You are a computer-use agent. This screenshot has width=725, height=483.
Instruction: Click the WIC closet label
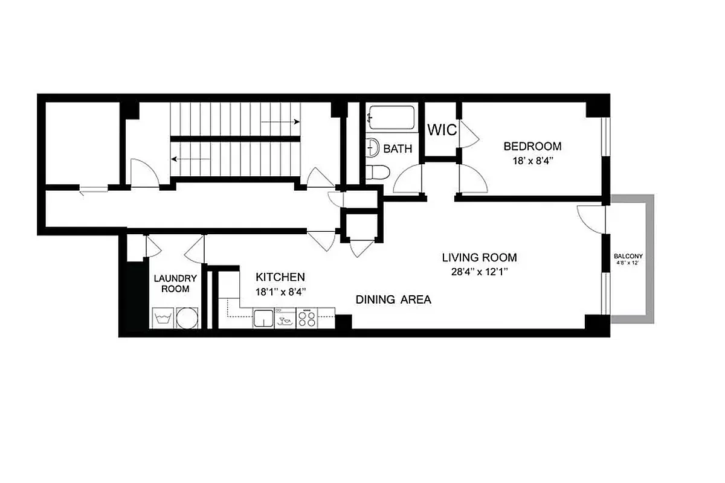[x=442, y=130]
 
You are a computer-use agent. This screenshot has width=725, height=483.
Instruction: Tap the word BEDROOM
[x=532, y=146]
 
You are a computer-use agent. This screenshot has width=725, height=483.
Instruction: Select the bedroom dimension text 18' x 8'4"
[x=532, y=161]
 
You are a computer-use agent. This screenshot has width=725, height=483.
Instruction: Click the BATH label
[x=398, y=149]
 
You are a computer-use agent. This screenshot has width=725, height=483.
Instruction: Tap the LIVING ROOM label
[x=479, y=258]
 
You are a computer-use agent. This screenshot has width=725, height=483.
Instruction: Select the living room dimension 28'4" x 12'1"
[x=479, y=272]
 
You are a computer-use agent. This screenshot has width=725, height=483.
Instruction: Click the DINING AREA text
[x=393, y=299]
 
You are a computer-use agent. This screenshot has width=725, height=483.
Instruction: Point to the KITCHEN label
[x=280, y=277]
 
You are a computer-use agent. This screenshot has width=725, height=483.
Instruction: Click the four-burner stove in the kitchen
[x=307, y=318]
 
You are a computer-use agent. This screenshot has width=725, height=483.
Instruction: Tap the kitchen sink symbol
[x=263, y=318]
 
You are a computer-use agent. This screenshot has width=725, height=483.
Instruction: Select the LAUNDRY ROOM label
[x=175, y=284]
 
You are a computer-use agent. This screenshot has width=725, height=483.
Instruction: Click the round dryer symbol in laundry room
[x=188, y=318]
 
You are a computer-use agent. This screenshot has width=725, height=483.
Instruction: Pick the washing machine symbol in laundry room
[x=162, y=318]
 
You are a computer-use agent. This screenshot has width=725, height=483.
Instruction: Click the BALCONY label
[x=629, y=256]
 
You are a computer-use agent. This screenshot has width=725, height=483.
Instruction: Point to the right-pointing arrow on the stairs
[x=281, y=122]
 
